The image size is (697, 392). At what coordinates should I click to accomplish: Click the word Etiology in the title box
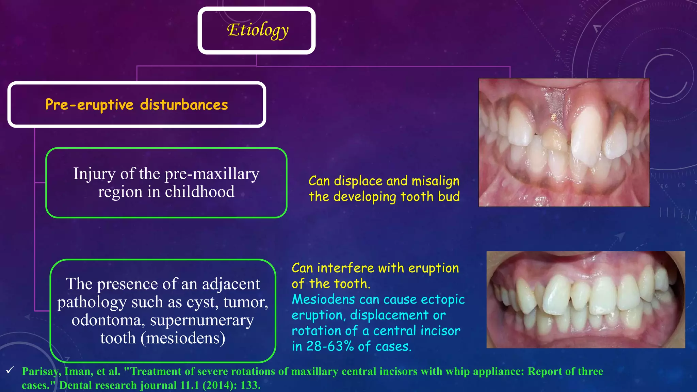258,30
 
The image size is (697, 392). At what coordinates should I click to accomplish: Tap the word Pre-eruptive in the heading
89,104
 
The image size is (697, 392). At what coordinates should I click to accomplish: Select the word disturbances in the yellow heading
184,104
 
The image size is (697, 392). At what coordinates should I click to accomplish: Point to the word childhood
199,192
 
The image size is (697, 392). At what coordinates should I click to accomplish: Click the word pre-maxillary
212,174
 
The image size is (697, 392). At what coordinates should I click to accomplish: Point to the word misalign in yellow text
435,181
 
